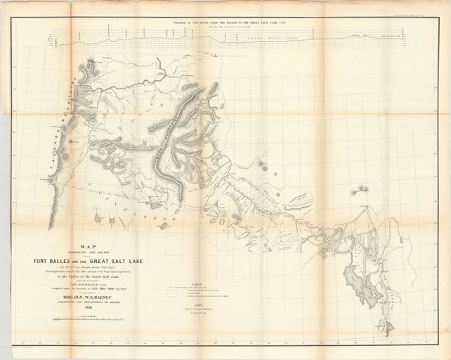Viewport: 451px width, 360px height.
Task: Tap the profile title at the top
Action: pos(225,23)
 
